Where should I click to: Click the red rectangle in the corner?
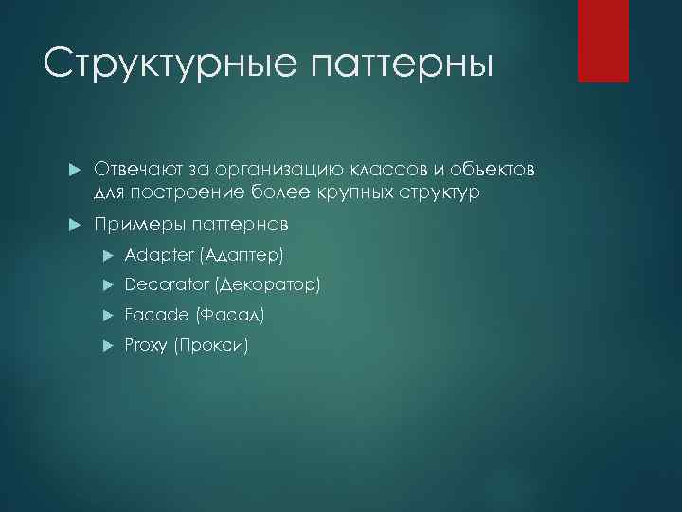point(603,41)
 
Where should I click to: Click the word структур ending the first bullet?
point(438,192)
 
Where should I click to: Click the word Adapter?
point(156,256)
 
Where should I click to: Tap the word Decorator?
point(167,284)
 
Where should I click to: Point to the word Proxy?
point(146,345)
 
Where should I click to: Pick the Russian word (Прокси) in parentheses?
point(211,345)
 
